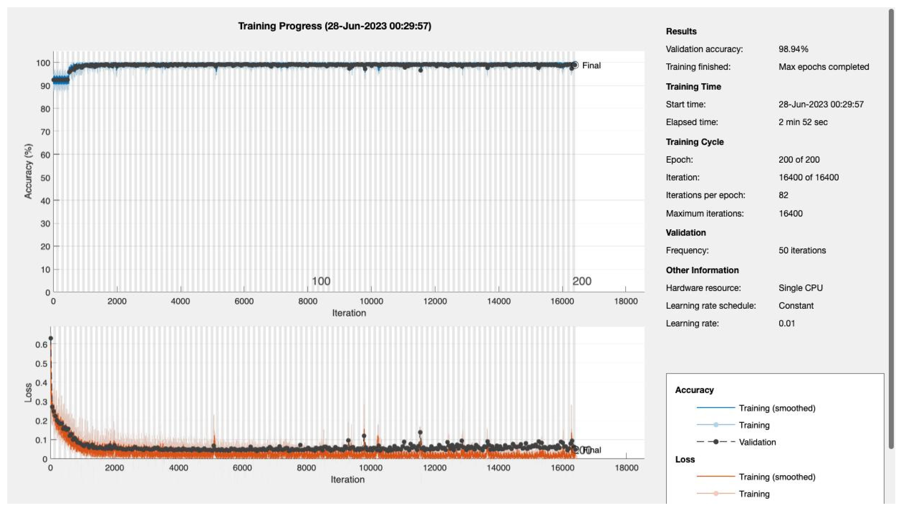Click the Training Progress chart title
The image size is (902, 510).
point(334,26)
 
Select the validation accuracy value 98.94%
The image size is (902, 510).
point(793,49)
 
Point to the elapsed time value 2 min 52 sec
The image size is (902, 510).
point(803,122)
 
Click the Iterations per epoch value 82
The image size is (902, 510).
point(783,195)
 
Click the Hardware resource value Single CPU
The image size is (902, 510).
point(800,288)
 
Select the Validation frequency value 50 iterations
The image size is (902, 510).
point(802,250)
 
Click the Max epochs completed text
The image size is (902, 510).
point(824,67)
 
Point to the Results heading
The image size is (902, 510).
point(681,31)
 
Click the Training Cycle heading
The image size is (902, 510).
point(695,142)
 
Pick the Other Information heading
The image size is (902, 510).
point(702,270)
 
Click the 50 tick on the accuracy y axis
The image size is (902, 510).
point(45,178)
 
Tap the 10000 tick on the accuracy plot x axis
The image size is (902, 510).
point(371,301)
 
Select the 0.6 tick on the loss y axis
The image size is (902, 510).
point(41,345)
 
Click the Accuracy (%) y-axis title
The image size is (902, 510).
point(28,171)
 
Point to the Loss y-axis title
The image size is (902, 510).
point(28,393)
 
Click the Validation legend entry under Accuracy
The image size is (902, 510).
point(757,442)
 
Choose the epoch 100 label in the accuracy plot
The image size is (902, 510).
point(321,281)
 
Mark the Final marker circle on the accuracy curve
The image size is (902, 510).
point(575,65)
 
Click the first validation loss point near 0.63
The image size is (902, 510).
point(51,338)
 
